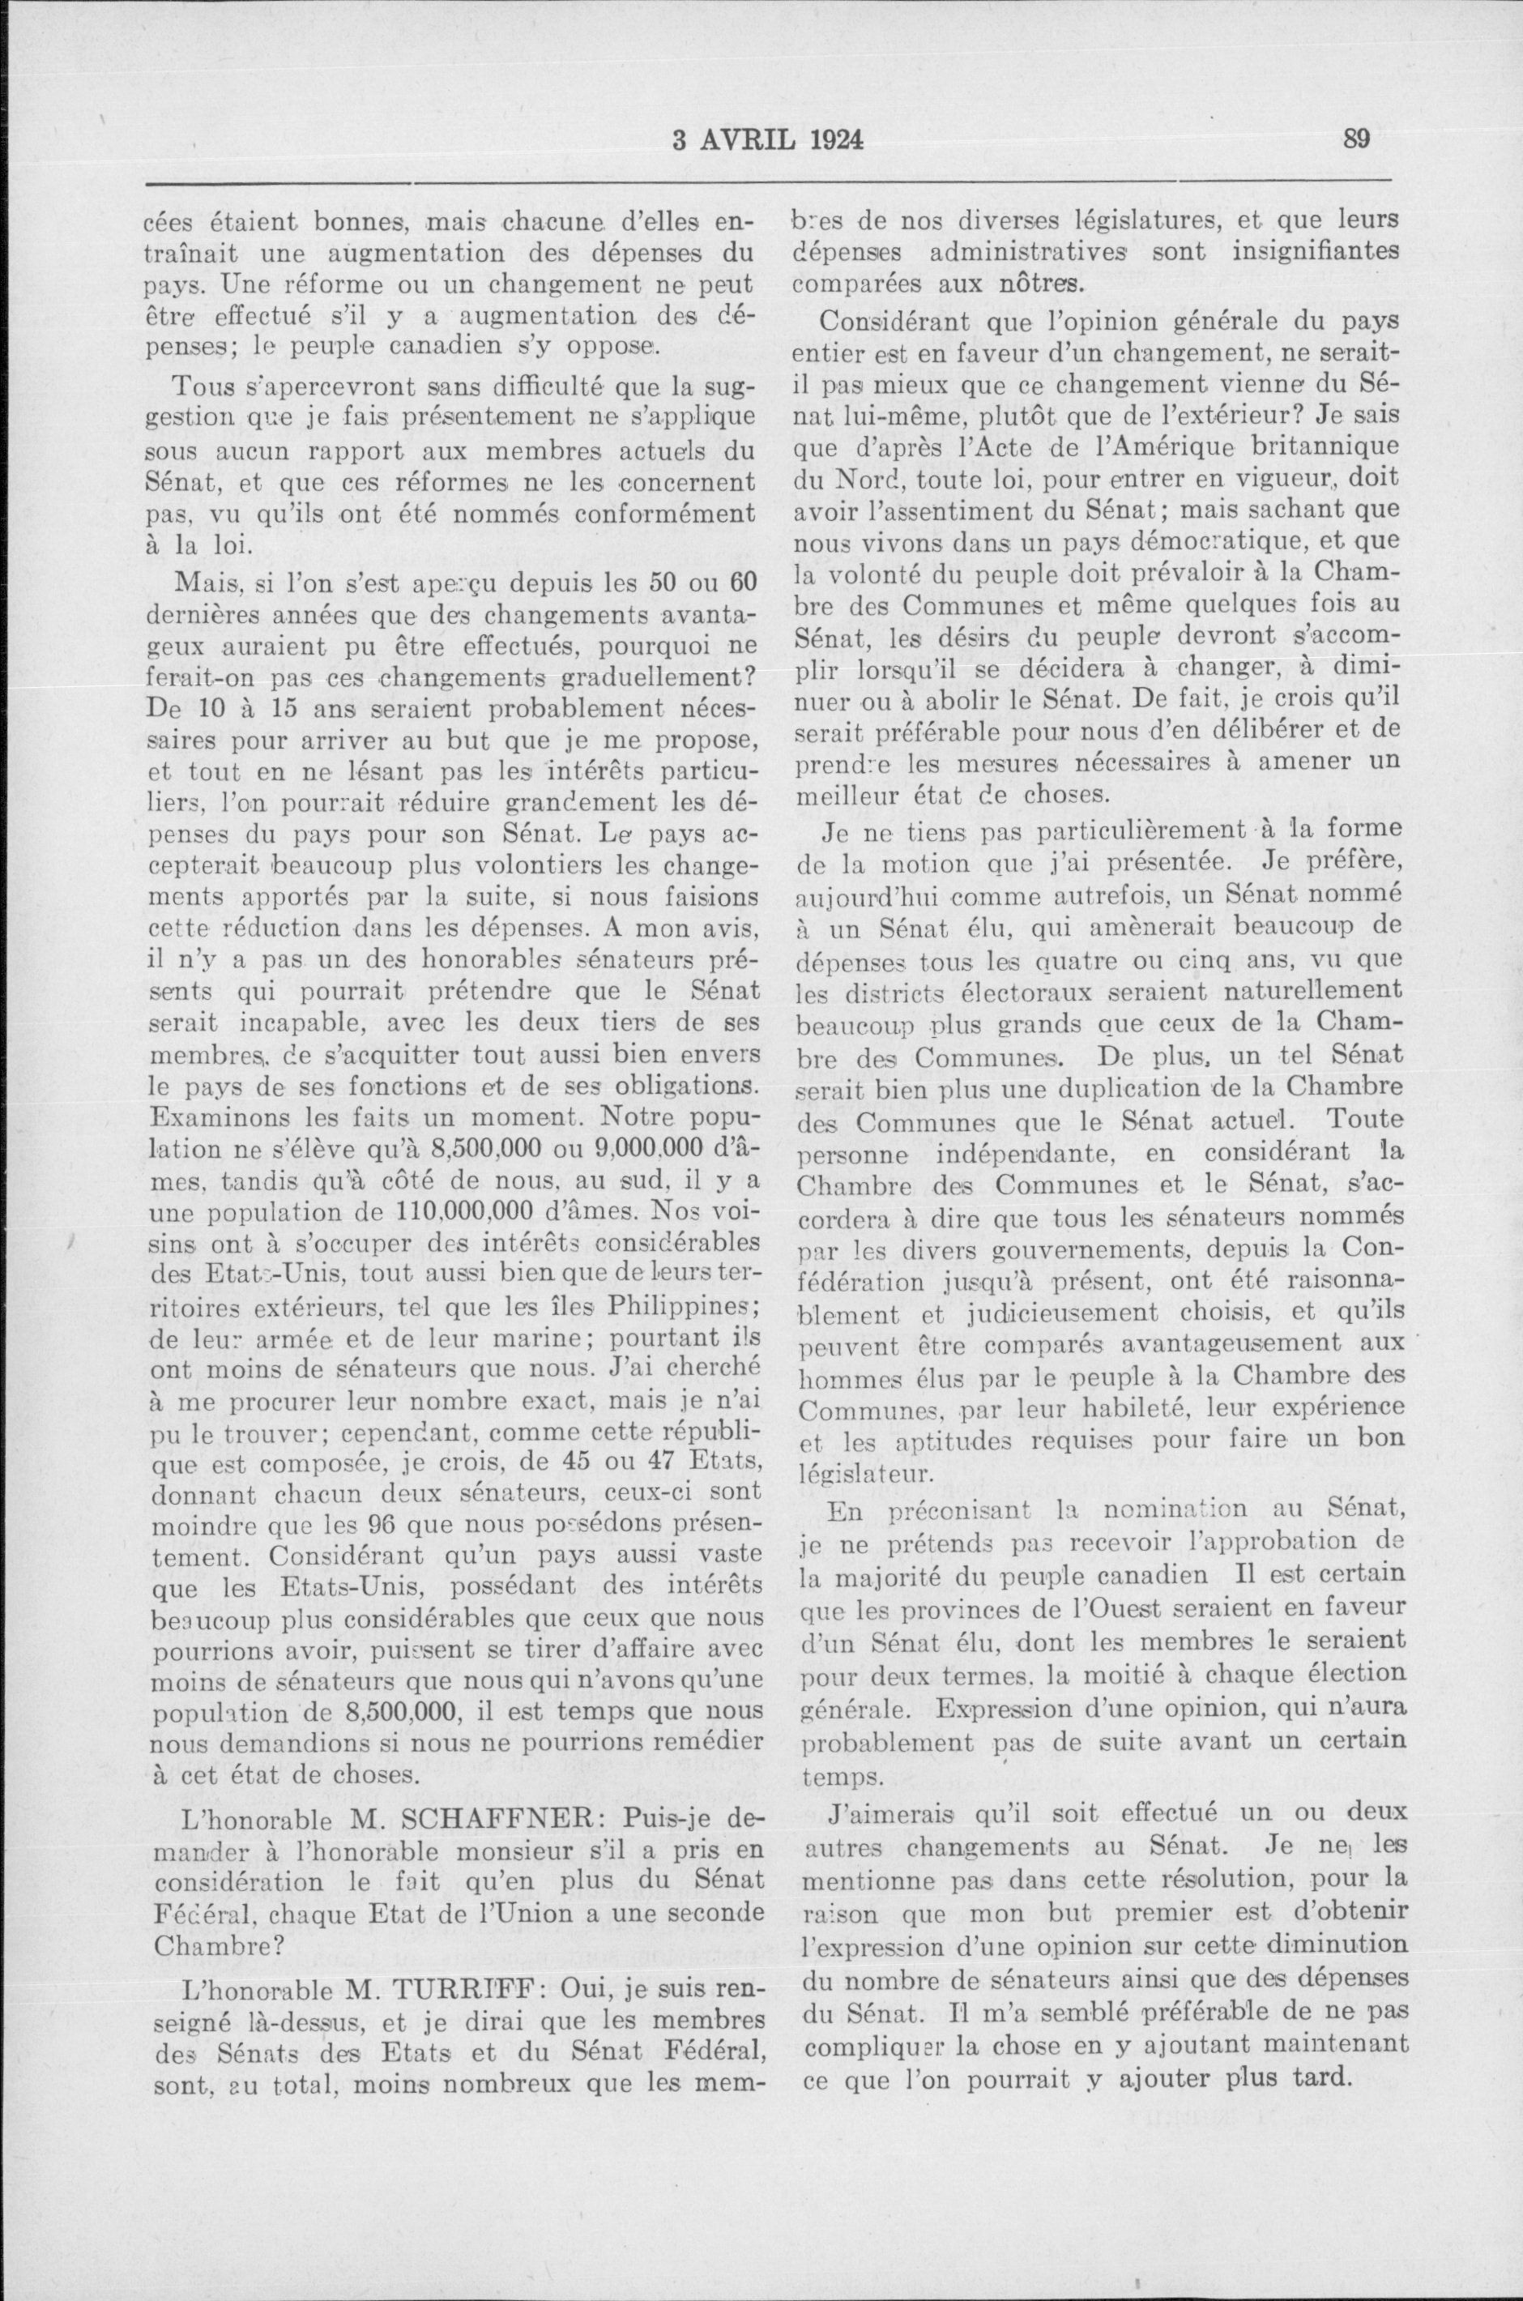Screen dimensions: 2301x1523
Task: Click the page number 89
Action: click(1356, 140)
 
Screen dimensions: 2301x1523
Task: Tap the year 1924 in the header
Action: click(826, 141)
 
